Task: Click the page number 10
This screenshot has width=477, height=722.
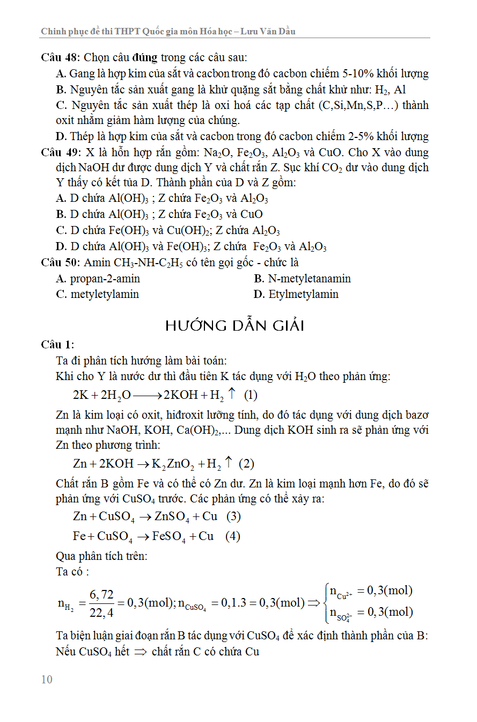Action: (47, 680)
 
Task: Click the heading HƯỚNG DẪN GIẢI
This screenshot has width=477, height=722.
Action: (235, 325)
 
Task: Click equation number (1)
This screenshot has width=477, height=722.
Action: (251, 396)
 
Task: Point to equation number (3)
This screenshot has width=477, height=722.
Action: (233, 516)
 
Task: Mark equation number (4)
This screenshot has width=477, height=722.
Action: (233, 536)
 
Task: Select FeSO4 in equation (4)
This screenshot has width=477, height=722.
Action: (170, 537)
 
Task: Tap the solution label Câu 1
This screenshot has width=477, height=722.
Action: (57, 344)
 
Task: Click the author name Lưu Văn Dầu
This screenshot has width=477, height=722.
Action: (268, 31)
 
